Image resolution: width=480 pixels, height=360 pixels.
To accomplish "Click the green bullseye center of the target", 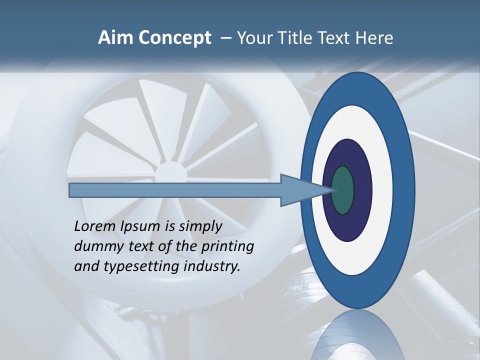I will pos(343,190).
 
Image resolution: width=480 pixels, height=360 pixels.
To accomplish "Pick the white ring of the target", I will pos(382,190).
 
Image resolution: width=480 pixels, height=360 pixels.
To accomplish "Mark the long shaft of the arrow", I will pos(175,190).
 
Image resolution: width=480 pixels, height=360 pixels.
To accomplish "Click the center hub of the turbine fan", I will pos(169,173).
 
